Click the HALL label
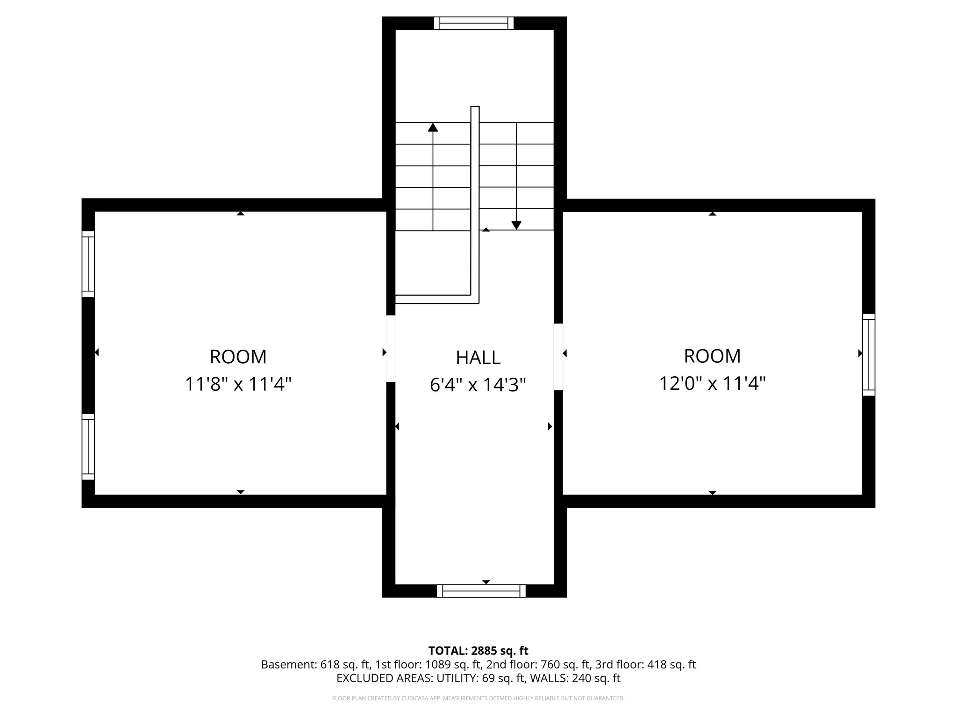[x=478, y=358]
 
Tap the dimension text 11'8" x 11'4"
[x=238, y=385]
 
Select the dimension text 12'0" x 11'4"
[x=712, y=384]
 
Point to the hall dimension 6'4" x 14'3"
[x=478, y=385]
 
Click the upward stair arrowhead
[x=433, y=127]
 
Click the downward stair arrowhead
[x=516, y=225]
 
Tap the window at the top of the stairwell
[x=473, y=23]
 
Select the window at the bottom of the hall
[x=481, y=591]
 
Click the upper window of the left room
[x=88, y=264]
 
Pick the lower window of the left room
[x=88, y=446]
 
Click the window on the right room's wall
[x=868, y=355]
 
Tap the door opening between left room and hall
[x=391, y=349]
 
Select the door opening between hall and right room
[x=558, y=357]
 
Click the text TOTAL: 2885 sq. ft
[x=478, y=651]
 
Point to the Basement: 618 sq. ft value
[x=316, y=665]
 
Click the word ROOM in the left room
[x=238, y=357]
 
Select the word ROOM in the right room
[x=712, y=356]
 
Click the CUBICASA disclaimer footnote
[x=478, y=698]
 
